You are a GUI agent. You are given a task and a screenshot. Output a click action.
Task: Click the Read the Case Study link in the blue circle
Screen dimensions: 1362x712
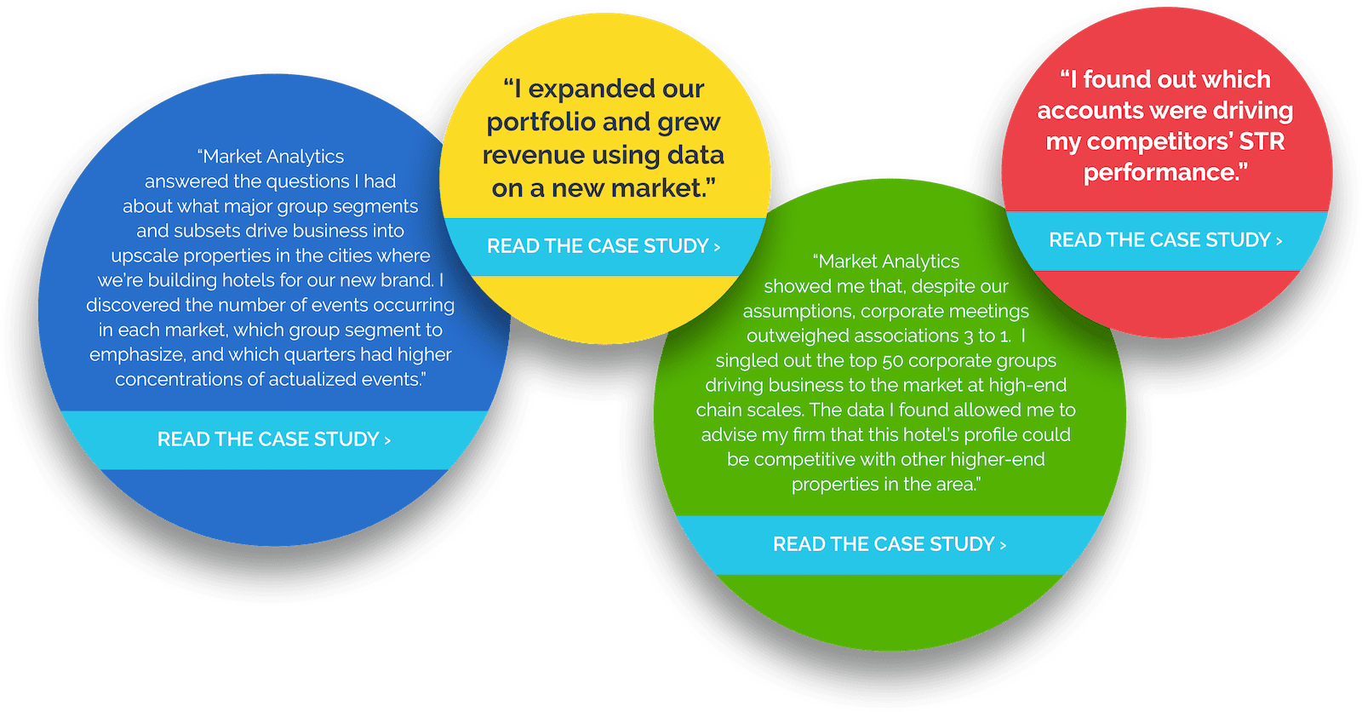tap(274, 439)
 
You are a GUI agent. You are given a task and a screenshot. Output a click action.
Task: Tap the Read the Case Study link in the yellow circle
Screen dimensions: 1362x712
tap(604, 246)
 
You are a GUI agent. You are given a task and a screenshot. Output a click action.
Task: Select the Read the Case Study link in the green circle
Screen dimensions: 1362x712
tap(890, 544)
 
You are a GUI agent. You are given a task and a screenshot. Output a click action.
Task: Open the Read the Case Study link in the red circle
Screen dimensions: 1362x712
tap(1165, 240)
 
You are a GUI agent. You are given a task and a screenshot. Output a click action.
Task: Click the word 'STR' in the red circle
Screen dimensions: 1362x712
tap(1262, 141)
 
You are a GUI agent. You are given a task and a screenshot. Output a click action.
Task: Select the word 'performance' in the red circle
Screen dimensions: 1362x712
tap(1161, 173)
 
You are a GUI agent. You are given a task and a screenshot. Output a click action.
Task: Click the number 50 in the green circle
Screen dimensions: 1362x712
tap(893, 361)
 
